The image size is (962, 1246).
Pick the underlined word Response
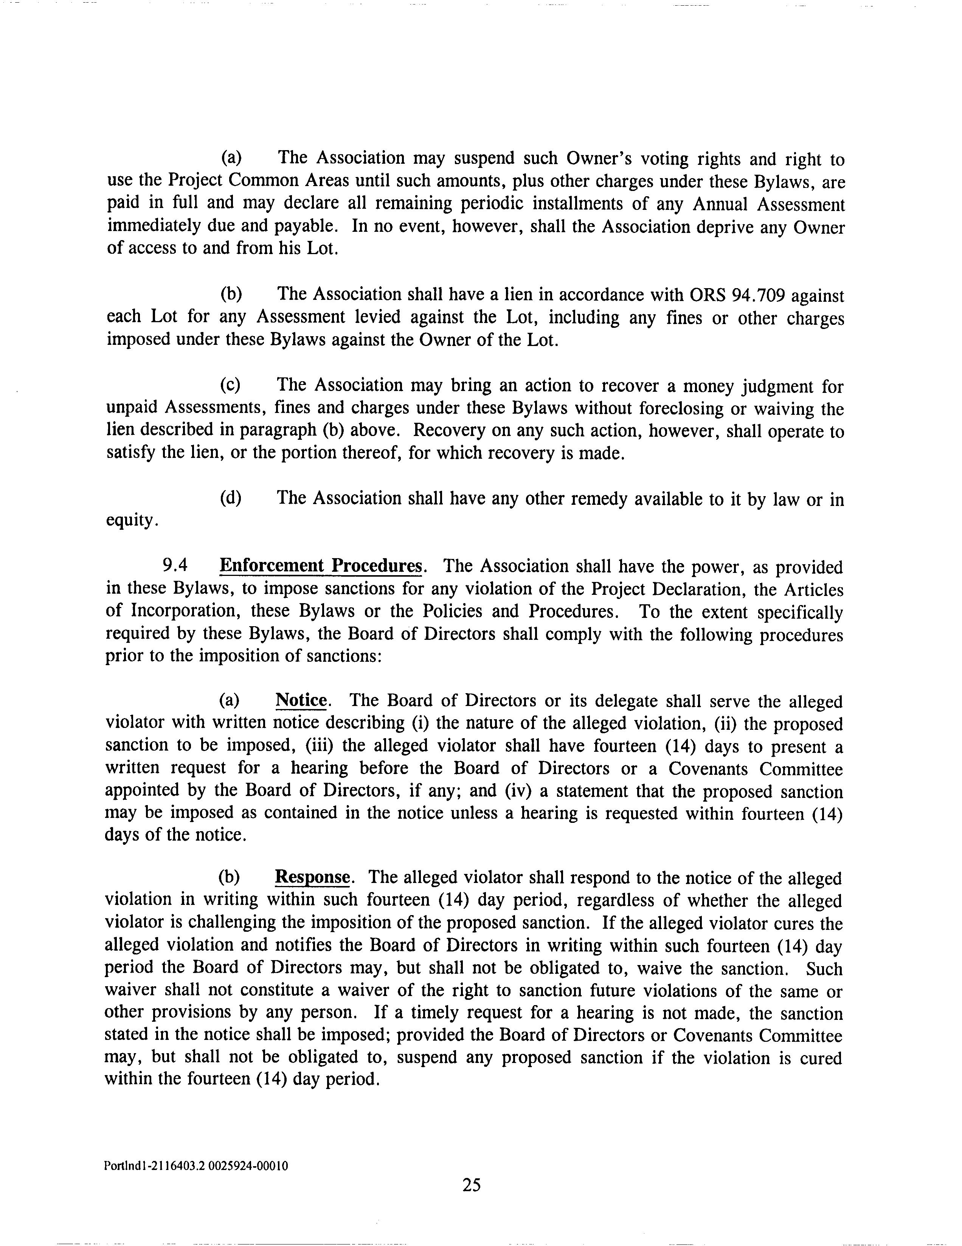pyautogui.click(x=312, y=877)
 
